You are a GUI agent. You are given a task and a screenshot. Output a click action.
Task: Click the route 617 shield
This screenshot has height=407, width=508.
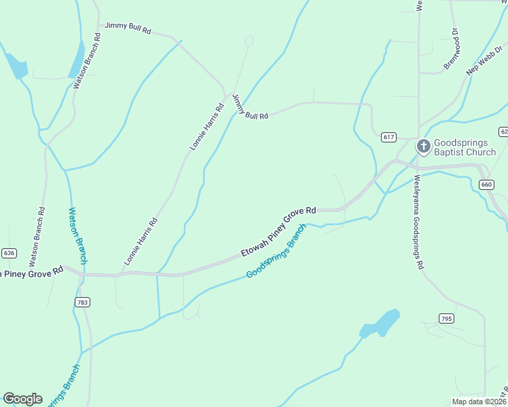[388, 137]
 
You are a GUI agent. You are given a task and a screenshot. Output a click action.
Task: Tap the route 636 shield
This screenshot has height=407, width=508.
[9, 253]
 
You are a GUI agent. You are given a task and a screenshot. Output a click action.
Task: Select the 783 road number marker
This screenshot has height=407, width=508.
[83, 302]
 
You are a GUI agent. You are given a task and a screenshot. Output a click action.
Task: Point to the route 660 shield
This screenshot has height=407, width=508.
[486, 185]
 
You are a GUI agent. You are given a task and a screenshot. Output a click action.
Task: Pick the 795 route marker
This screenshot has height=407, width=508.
[446, 318]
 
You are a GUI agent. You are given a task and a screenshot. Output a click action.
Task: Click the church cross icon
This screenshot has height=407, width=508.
[423, 147]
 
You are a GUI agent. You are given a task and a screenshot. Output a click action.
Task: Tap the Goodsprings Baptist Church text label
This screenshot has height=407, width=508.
[465, 147]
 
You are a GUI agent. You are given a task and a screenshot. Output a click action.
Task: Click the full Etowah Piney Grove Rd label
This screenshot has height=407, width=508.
[279, 233]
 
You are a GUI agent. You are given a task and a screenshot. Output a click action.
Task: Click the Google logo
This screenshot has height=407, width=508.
[23, 399]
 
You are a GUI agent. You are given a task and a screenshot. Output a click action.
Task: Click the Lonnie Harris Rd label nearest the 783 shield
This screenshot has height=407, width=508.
[141, 241]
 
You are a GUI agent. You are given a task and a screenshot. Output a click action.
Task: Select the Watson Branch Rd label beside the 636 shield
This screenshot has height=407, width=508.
[37, 236]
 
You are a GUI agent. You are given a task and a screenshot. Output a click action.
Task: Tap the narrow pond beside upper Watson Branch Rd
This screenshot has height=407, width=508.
[77, 60]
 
